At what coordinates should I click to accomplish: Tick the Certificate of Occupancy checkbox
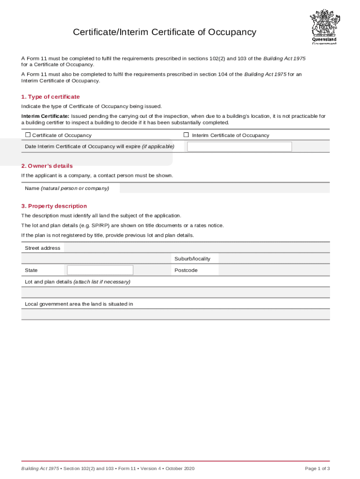28,135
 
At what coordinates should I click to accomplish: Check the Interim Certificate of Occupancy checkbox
186,135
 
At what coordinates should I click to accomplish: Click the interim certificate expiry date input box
239,146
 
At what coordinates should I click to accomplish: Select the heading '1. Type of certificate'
50,97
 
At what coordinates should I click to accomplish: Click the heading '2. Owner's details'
47,166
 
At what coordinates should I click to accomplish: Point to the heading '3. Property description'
54,206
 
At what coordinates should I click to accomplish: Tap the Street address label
43,248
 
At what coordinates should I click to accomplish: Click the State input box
100,270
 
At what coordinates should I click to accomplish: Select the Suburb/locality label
192,259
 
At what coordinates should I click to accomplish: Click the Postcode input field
274,270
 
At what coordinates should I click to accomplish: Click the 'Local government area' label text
79,304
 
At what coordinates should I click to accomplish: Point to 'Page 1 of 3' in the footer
317,469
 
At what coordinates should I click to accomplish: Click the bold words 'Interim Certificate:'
45,116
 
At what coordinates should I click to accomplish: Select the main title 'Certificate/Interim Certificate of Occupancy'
165,32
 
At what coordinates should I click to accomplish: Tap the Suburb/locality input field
274,259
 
